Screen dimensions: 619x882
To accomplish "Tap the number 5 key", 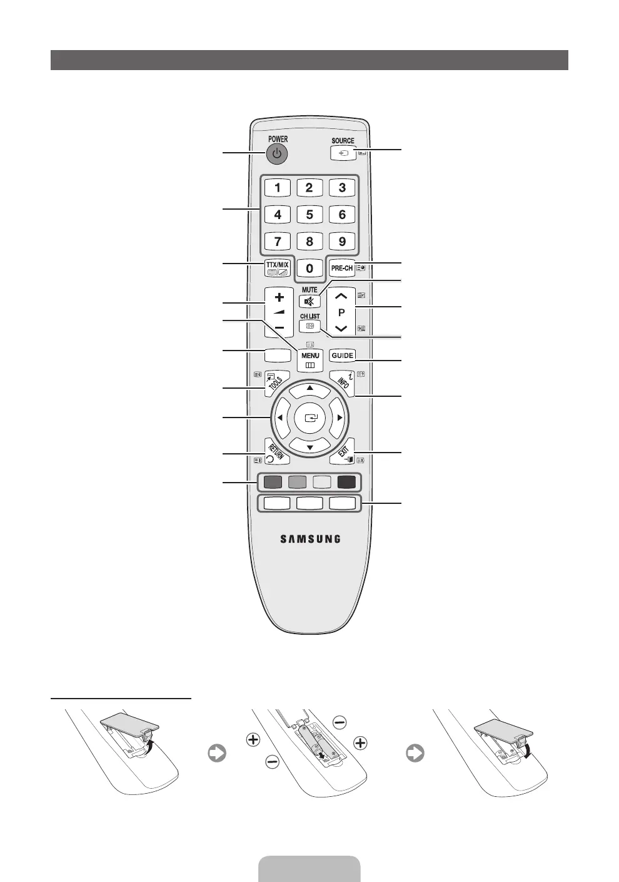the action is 309,215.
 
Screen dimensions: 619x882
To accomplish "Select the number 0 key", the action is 309,268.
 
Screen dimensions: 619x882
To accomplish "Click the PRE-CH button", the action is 342,268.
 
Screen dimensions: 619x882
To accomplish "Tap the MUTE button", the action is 309,301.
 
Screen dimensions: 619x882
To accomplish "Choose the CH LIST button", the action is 309,326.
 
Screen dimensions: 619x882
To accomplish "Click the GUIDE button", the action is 343,355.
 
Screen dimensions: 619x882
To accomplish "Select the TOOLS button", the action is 276,383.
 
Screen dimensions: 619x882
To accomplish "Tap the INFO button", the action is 343,383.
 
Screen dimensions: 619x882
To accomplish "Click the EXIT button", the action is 343,452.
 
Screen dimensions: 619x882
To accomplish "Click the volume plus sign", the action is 279,297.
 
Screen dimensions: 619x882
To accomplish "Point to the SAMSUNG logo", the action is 309,538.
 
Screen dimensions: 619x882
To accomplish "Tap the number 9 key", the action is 342,242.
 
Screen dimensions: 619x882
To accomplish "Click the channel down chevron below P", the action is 341,328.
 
